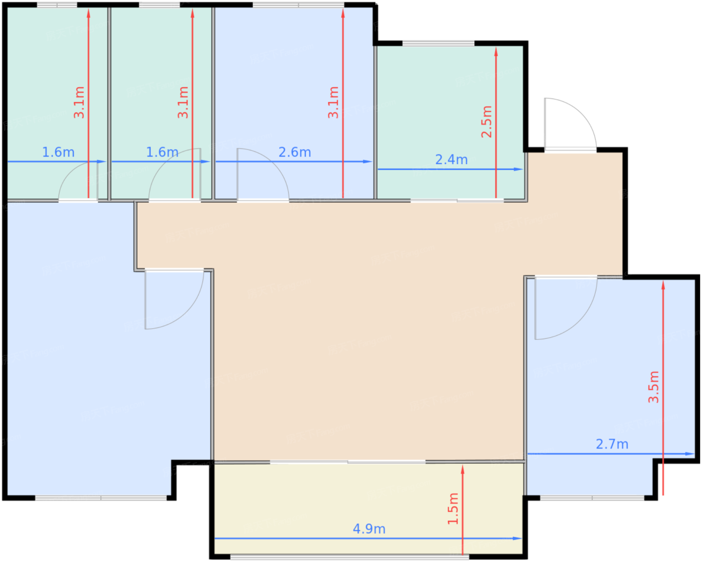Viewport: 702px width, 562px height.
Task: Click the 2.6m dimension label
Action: point(294,152)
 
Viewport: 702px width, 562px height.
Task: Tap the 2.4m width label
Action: point(451,160)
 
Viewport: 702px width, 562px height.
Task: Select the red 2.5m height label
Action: point(487,121)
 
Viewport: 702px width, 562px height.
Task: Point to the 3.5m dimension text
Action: point(654,387)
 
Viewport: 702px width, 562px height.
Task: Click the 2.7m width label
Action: point(612,444)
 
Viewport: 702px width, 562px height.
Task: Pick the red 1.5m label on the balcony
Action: point(453,509)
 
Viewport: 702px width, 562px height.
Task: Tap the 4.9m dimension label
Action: point(369,529)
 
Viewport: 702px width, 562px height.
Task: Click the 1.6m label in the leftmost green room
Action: point(58,152)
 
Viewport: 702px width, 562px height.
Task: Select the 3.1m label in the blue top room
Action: point(333,102)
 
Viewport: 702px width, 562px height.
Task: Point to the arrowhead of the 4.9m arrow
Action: point(517,538)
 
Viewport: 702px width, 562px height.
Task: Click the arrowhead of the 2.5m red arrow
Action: point(496,52)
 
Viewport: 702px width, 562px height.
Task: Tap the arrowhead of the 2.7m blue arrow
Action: point(689,454)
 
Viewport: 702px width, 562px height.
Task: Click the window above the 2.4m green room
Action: point(438,44)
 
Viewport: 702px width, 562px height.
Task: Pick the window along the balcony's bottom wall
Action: point(349,556)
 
